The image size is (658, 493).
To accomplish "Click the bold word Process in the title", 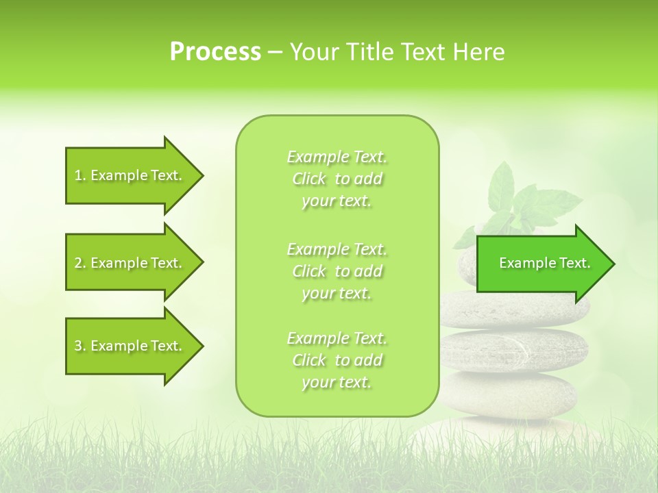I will (x=215, y=52).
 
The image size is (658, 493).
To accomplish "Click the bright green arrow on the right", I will (x=541, y=264).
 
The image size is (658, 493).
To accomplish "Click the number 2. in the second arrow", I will (x=80, y=263).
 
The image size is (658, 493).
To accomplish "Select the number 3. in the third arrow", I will (x=80, y=346).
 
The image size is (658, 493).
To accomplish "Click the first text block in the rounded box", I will (x=337, y=179).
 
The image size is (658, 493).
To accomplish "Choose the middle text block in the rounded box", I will (x=337, y=271).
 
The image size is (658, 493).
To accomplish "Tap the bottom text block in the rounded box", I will (x=337, y=360).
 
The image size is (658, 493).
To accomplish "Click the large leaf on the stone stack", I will (x=506, y=185).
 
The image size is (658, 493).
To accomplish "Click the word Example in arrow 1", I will (x=118, y=175).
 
